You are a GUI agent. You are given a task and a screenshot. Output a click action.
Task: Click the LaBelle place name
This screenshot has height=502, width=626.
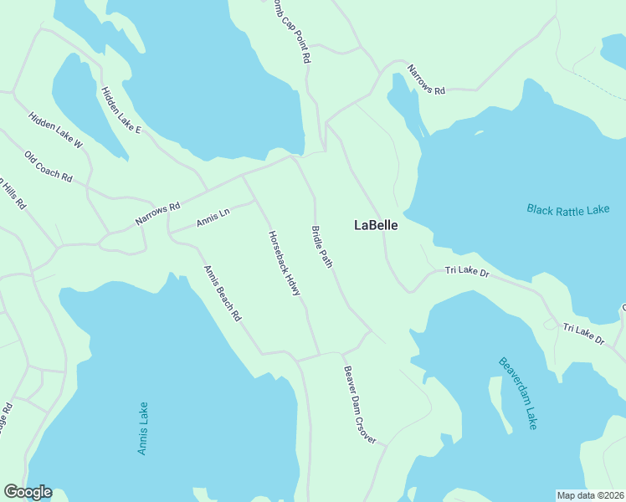[376, 225]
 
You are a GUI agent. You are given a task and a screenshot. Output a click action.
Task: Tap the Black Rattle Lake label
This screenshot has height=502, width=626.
[568, 209]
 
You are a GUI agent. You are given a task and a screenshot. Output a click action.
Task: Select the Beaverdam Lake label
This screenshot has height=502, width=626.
[518, 393]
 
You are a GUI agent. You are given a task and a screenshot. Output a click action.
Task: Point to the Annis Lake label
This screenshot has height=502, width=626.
[143, 428]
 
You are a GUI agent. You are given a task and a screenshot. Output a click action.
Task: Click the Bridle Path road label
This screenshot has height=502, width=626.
[322, 247]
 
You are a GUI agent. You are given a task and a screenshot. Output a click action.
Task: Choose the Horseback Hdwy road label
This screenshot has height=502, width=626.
[285, 268]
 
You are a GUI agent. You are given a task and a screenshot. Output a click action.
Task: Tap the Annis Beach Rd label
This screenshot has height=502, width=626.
[223, 294]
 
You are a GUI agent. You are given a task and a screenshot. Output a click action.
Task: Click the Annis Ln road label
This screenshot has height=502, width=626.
[213, 219]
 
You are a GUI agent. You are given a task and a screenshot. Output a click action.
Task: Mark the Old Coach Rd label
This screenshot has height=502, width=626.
[49, 167]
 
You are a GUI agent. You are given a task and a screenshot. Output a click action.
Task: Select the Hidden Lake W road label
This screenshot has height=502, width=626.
[55, 130]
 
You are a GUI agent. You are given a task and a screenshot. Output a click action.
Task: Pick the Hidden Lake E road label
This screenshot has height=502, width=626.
[121, 110]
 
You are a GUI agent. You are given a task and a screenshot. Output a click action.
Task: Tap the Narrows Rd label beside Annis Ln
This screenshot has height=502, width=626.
[158, 214]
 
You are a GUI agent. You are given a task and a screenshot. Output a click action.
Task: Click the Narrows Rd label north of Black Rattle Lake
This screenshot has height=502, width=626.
[426, 79]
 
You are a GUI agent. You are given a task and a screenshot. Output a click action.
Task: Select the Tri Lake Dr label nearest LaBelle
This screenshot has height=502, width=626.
[466, 271]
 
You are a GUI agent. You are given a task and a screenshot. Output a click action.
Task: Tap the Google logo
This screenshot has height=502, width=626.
[28, 492]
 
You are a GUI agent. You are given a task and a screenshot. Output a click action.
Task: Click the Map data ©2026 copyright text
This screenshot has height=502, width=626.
[590, 494]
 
